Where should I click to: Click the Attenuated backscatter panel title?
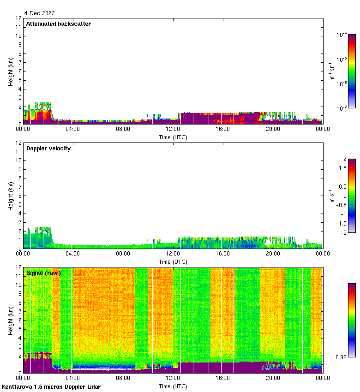58,24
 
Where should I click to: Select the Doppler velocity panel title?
48,148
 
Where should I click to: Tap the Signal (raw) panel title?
43,273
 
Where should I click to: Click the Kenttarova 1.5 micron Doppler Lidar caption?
51,387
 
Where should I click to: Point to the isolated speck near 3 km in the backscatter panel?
243,95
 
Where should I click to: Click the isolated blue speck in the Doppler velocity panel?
243,220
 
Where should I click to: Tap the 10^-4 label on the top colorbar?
342,35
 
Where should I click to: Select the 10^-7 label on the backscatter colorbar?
342,108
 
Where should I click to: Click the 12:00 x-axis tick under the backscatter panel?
173,130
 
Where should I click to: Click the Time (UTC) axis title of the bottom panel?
173,386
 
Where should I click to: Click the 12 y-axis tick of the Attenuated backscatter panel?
19,18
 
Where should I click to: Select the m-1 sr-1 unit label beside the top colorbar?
332,71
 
